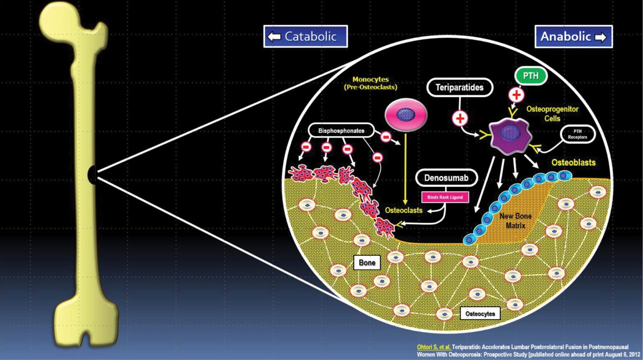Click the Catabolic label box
coord(305,36)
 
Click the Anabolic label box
coord(573,36)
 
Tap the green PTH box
coord(531,76)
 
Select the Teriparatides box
coord(459,87)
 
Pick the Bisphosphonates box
coord(341,131)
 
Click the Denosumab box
coord(446,178)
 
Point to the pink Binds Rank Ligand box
coord(445,197)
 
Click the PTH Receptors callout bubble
coord(577,134)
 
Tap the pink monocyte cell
coord(406,115)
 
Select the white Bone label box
coord(367,263)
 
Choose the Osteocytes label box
coord(480,314)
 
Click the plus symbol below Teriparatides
coord(460,119)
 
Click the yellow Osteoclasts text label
coord(404,210)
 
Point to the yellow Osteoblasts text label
coord(573,162)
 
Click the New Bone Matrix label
coord(515,221)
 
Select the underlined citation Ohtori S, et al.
coord(434,347)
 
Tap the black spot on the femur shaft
coord(92,174)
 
